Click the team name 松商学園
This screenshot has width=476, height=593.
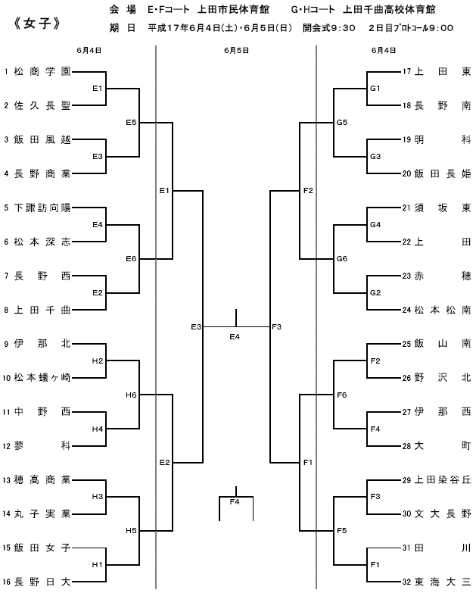(x=42, y=71)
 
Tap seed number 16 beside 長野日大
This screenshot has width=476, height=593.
(x=6, y=582)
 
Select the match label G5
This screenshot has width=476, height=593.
(x=342, y=123)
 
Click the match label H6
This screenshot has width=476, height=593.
(x=131, y=395)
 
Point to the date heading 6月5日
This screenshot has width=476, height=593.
(x=236, y=50)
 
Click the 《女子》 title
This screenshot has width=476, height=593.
(x=36, y=23)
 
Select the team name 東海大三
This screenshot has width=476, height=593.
(x=443, y=582)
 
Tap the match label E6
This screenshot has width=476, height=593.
(x=131, y=259)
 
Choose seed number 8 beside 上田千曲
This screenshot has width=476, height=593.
(x=6, y=310)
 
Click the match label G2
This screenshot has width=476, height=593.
(x=375, y=293)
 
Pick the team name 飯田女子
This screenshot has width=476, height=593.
(x=42, y=548)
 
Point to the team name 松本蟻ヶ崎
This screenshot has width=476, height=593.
(x=42, y=378)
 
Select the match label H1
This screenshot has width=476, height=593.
(x=98, y=565)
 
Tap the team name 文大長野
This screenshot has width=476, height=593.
(x=443, y=514)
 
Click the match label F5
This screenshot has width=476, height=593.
(x=342, y=531)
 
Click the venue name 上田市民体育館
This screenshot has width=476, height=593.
(x=234, y=9)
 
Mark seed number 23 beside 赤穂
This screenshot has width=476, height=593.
(x=406, y=276)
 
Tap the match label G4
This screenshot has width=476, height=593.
(x=375, y=225)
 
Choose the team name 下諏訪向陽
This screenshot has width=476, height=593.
(x=42, y=208)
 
